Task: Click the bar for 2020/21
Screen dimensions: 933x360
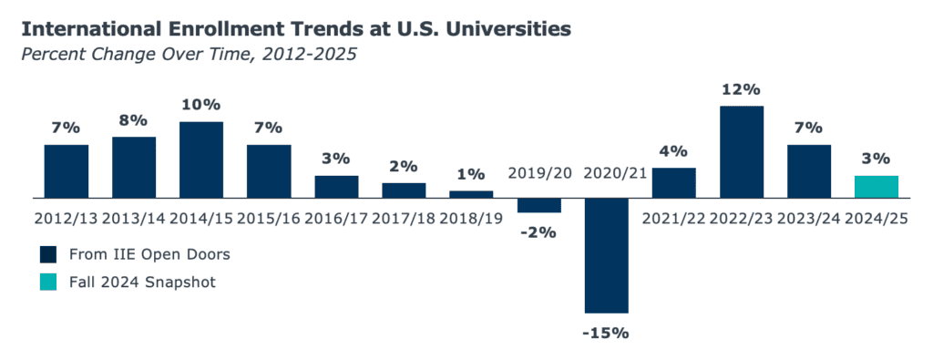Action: pos(606,255)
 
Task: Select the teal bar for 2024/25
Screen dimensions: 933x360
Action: pos(876,187)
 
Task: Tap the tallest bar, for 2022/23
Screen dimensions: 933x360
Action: pos(742,151)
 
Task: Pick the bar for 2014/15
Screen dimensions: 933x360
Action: pos(201,159)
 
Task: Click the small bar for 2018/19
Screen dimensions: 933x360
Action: pos(471,194)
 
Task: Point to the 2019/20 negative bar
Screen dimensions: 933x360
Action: pos(539,205)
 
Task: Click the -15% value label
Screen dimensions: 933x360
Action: pos(606,333)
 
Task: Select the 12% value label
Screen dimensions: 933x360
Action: pos(742,90)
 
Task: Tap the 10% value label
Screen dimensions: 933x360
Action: pos(201,106)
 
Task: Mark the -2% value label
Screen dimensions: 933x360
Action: pos(539,232)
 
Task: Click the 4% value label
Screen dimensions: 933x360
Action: pos(674,151)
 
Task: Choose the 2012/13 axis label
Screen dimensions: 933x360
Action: pos(66,219)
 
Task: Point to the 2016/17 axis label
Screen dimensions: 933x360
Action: pos(336,219)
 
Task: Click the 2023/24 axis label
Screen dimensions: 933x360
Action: pos(809,219)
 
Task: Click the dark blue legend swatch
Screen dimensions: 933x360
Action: pos(48,254)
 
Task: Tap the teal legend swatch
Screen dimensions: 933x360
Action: pos(48,282)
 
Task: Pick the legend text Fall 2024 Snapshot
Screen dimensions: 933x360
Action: pos(142,282)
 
